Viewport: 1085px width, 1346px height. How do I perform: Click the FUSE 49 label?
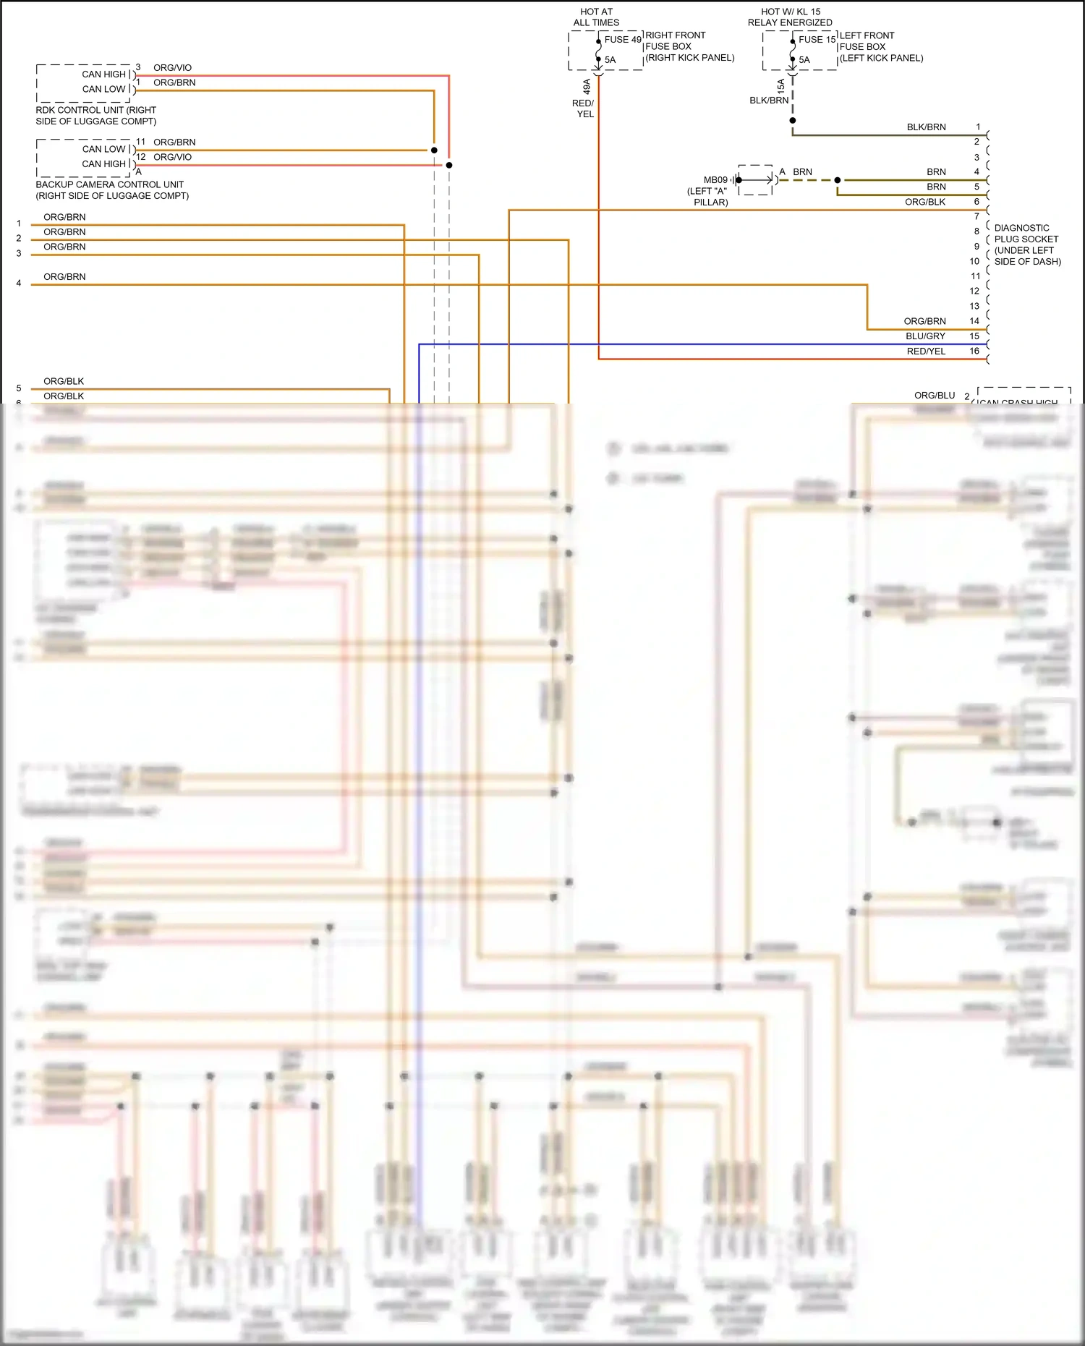622,40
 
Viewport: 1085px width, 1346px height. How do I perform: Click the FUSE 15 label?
817,40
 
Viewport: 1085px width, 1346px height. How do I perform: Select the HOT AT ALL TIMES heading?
596,17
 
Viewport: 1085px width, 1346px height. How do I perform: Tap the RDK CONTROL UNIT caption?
95,116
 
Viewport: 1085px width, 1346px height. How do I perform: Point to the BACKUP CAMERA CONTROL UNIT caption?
112,190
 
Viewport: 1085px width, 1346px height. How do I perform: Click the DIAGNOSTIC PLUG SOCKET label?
1027,244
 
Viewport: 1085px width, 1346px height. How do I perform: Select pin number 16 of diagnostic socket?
974,351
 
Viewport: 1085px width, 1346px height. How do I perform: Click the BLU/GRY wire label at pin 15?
925,336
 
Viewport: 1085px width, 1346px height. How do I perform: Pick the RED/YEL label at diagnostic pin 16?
926,352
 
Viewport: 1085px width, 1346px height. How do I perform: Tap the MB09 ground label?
715,180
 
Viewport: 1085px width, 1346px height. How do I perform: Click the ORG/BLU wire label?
934,396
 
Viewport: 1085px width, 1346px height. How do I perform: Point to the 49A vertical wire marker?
587,87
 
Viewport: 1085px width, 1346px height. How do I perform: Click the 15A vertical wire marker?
780,86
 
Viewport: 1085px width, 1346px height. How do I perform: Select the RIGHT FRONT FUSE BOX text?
689,46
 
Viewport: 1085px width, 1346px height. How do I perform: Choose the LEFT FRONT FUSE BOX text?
880,46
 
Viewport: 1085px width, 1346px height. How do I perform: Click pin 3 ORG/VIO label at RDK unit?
172,68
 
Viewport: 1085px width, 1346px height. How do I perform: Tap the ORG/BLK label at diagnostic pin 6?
924,202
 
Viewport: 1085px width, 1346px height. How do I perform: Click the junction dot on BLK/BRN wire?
793,121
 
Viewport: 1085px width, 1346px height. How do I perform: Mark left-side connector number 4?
19,284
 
